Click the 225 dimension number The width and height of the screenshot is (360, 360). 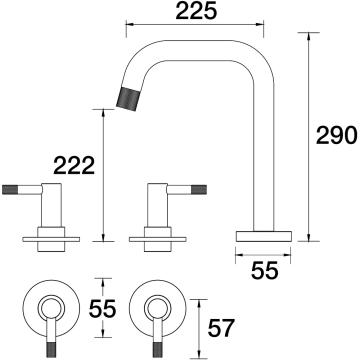[x=196, y=11]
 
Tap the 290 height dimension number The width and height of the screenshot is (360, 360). [x=337, y=136]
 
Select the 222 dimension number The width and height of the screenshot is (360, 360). [x=74, y=166]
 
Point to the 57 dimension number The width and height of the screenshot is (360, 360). [x=221, y=328]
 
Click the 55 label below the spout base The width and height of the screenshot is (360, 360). [x=264, y=270]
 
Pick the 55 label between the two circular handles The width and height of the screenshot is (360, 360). [x=102, y=308]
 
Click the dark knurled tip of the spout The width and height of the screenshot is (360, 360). [x=127, y=99]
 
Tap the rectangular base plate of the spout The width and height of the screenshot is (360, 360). [x=264, y=236]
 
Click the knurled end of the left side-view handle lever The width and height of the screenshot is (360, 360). [x=9, y=189]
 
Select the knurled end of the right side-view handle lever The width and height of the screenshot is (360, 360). [x=199, y=189]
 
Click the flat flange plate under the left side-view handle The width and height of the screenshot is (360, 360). [x=51, y=239]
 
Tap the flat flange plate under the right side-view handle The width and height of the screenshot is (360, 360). [x=158, y=239]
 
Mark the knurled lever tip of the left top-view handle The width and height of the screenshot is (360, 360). [x=51, y=349]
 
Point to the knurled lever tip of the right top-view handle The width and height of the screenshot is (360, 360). [x=158, y=349]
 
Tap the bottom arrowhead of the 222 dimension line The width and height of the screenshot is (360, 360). [x=104, y=236]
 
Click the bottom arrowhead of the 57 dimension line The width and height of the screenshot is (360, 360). [x=199, y=353]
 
